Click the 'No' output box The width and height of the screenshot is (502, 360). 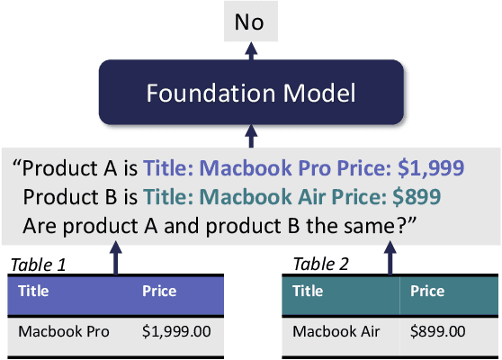[250, 21]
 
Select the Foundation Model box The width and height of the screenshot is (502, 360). [250, 93]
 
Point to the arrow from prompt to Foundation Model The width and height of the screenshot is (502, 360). [250, 134]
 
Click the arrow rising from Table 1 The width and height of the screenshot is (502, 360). [114, 256]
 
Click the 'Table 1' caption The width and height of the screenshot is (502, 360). [38, 265]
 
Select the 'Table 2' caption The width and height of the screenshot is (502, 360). [320, 265]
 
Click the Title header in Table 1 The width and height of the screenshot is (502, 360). [33, 292]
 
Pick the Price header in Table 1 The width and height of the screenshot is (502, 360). [159, 292]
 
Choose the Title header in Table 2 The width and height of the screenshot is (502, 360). [308, 292]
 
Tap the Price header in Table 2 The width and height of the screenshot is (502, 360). [427, 292]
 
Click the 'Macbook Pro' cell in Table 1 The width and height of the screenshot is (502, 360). [63, 331]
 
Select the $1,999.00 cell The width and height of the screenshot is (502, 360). [176, 331]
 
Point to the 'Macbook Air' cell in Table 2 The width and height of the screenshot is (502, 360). [336, 331]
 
